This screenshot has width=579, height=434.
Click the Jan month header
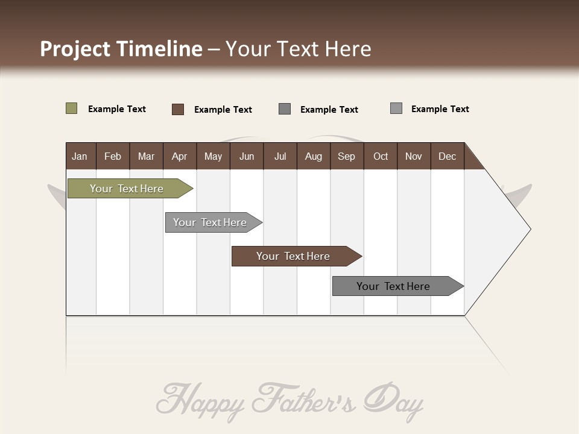pos(80,156)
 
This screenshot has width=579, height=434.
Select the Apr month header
pos(179,156)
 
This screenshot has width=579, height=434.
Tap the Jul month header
pos(280,156)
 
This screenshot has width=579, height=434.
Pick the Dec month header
pos(447,156)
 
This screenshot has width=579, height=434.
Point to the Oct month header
pos(381,156)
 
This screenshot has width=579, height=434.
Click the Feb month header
pos(113,156)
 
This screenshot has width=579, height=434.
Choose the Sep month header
pos(346,156)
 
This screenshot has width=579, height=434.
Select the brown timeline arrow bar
pos(294,256)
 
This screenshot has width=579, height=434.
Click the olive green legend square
pos(71,108)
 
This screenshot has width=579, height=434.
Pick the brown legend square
pos(177,109)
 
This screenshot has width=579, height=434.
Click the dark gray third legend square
pos(285,108)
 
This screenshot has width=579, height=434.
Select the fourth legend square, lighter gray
pos(396,108)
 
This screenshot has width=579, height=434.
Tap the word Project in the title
pos(75,49)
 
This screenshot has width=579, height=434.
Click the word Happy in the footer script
pos(201,400)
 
